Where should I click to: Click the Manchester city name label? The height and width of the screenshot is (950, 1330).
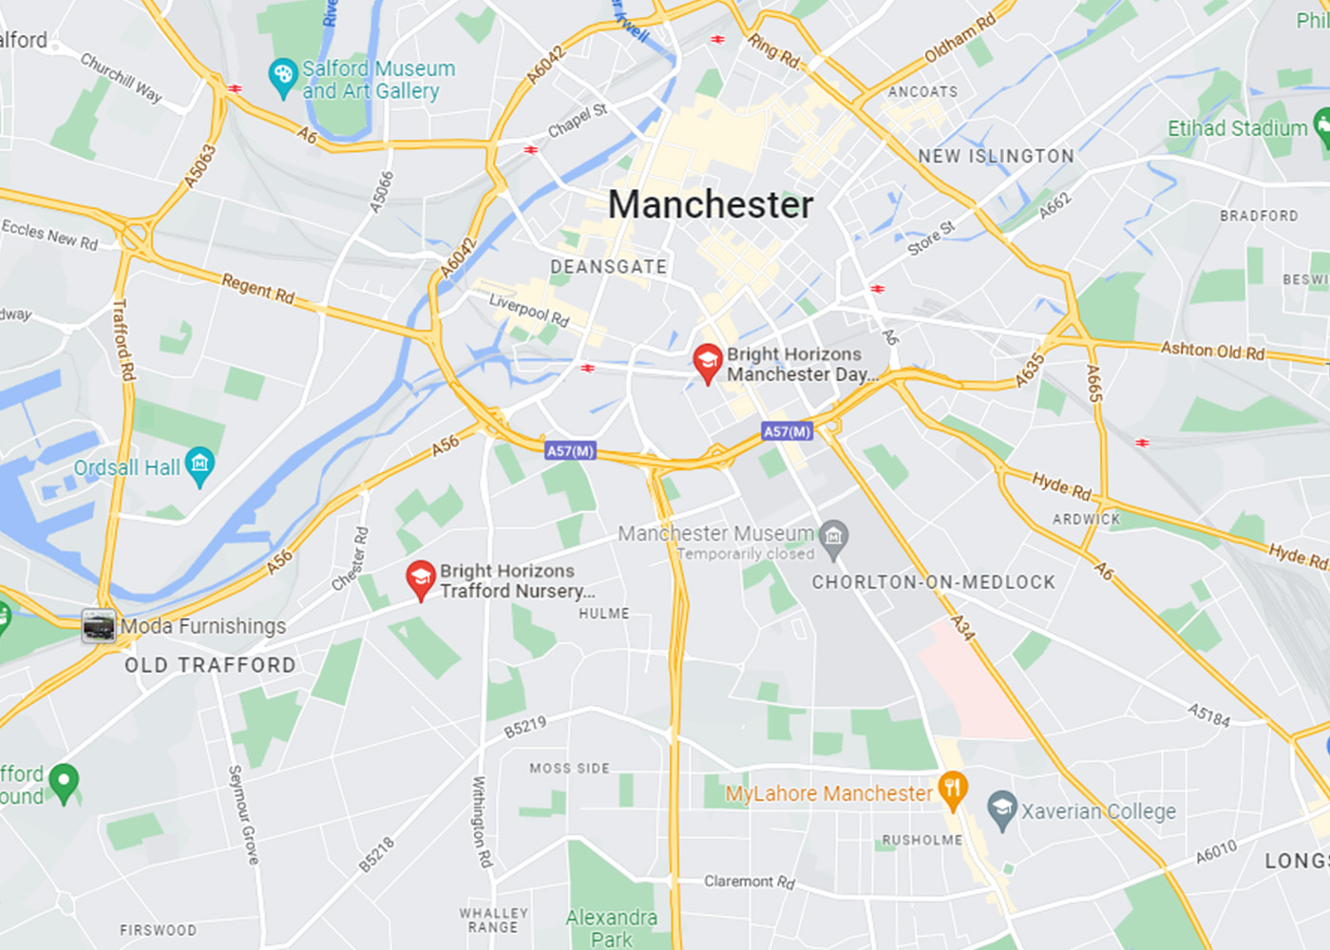(711, 204)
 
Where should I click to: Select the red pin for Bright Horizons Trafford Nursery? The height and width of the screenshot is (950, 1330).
(420, 579)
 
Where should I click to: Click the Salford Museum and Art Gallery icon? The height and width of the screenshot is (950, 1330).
(283, 77)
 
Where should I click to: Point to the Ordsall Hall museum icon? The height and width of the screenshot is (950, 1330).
(199, 465)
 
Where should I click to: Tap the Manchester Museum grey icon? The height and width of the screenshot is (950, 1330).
(833, 535)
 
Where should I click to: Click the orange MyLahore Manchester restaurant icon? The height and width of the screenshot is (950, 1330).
(952, 788)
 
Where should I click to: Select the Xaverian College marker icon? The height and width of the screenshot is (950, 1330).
(1001, 809)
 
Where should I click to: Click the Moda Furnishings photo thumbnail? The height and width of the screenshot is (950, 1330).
(98, 626)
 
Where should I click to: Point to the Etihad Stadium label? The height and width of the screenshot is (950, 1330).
(1237, 128)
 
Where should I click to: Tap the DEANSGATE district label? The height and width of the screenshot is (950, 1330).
(608, 267)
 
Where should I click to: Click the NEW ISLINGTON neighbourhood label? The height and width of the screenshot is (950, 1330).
(996, 156)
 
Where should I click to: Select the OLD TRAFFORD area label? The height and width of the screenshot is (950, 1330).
(210, 665)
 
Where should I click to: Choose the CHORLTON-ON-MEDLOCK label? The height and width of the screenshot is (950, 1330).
(933, 582)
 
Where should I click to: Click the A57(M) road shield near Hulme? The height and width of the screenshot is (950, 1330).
(570, 450)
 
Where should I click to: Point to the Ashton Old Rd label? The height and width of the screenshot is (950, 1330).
(1212, 351)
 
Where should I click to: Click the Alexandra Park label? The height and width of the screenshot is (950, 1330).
(611, 928)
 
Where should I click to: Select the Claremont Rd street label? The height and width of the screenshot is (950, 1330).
(749, 882)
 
